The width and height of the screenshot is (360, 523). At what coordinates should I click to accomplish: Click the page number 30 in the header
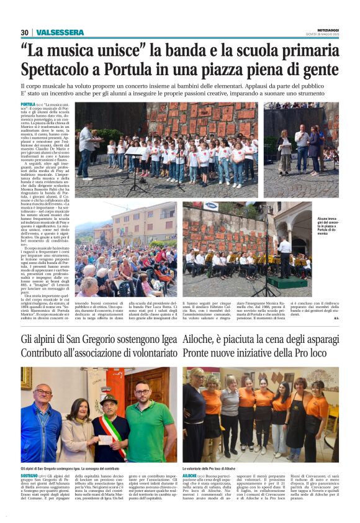pos(24,32)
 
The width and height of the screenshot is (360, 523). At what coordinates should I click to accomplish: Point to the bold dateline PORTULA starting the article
pos(29,105)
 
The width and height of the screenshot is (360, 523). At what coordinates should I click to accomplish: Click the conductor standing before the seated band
pos(284,255)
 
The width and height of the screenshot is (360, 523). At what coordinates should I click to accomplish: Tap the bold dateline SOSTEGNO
pos(32,475)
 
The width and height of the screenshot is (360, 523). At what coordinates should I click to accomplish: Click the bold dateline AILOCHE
pos(193,475)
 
